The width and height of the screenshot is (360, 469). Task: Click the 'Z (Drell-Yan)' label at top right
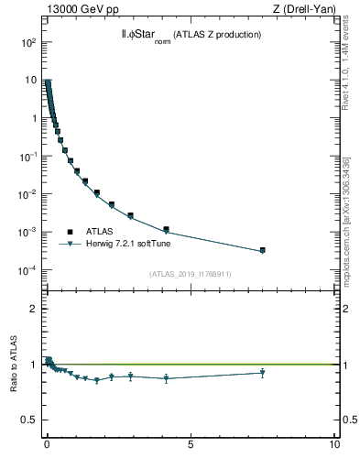click(304, 9)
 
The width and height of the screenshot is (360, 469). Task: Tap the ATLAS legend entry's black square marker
click(69, 232)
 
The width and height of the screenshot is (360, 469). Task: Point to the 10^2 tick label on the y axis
click(28, 42)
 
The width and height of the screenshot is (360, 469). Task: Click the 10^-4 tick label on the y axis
click(27, 270)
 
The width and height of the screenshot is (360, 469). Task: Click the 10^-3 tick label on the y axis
click(27, 233)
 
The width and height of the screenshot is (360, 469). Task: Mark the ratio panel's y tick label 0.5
click(30, 420)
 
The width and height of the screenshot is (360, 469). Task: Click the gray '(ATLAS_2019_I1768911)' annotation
click(191, 273)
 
